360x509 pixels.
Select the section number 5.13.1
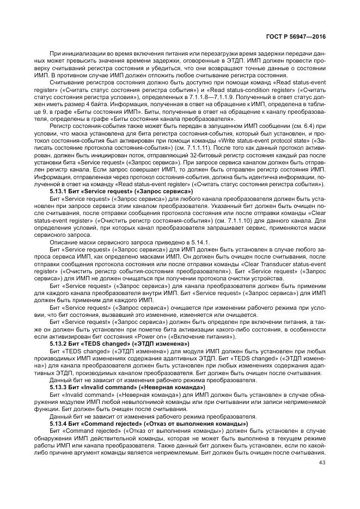tap(58, 192)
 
